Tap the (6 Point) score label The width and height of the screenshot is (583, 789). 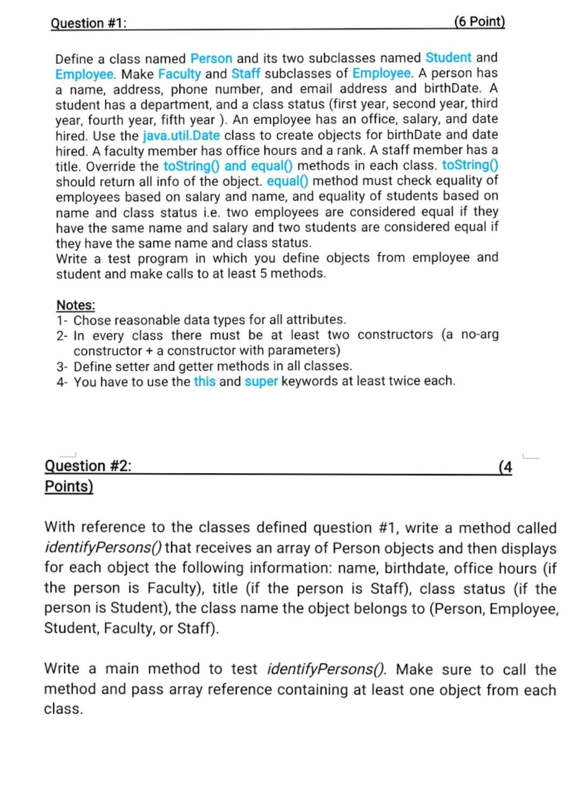479,22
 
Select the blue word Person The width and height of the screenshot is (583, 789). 211,58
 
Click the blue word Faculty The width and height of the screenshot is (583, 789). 180,73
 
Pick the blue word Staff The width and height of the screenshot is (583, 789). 246,73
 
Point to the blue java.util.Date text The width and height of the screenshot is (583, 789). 181,135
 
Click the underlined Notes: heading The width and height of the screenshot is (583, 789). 76,305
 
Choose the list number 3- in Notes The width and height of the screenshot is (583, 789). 63,366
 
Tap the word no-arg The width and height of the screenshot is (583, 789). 480,335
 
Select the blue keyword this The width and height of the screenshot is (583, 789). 205,381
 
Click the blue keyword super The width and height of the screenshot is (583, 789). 261,381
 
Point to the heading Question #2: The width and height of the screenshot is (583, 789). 87,466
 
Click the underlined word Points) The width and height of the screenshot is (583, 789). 69,486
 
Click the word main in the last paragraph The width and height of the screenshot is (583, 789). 122,669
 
